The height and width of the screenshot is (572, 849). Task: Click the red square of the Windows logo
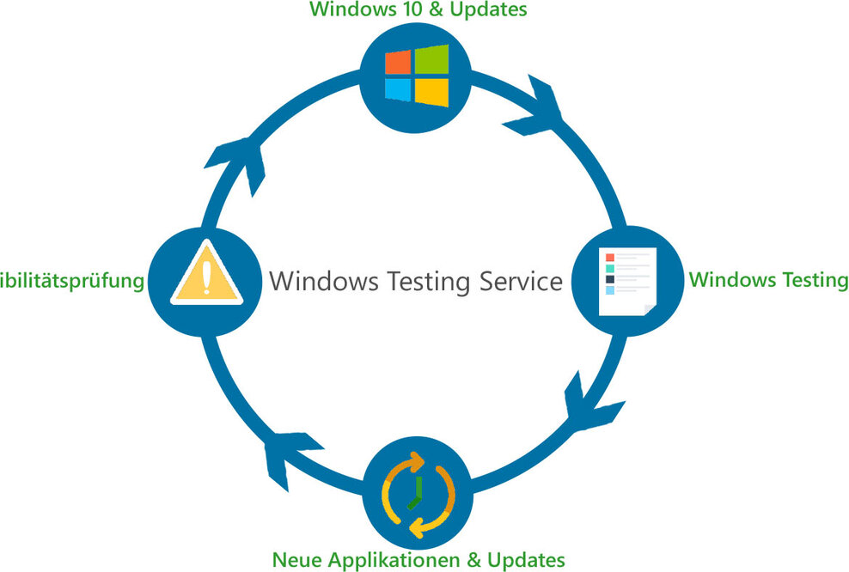pos(397,62)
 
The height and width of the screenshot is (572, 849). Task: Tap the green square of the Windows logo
pos(432,60)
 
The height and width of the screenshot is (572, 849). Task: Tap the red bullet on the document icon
pos(610,258)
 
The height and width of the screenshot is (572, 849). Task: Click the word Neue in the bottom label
pos(295,560)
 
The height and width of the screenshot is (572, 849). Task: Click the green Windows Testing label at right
pos(769,280)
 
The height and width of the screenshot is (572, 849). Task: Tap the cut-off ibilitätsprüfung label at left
pos(70,281)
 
